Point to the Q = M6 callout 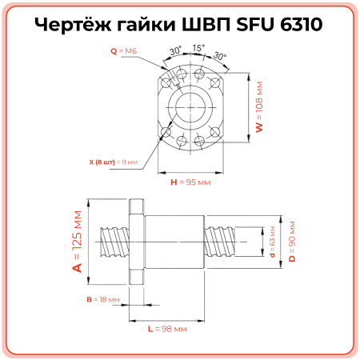click(125, 50)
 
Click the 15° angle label click(198, 49)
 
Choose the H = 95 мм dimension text click(190, 182)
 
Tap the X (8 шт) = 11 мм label click(113, 161)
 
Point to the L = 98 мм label click(168, 328)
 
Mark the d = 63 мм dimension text click(273, 244)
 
